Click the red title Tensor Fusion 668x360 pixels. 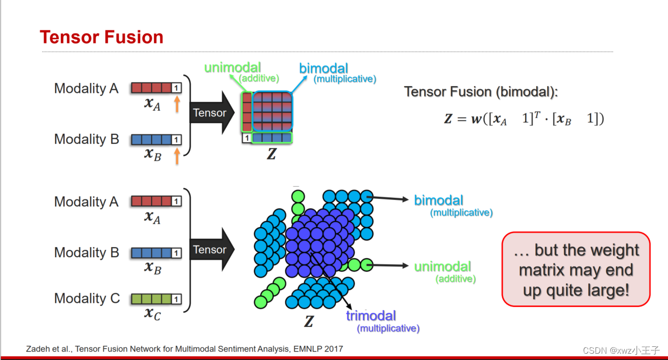click(x=101, y=37)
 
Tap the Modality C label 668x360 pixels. click(x=87, y=299)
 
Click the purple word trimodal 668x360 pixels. click(x=371, y=316)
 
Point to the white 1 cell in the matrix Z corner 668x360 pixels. click(x=246, y=139)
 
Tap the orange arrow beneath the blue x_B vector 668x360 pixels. click(x=177, y=155)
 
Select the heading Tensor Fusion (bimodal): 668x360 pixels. click(x=481, y=92)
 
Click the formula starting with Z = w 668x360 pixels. click(x=524, y=119)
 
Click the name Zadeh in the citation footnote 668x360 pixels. click(x=37, y=349)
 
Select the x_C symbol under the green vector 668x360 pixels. click(x=153, y=314)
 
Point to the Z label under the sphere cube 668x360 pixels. click(x=309, y=322)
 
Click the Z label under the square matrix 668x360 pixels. click(x=271, y=154)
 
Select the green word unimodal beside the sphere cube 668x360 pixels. click(x=443, y=267)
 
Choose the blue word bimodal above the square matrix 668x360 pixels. click(x=323, y=68)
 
